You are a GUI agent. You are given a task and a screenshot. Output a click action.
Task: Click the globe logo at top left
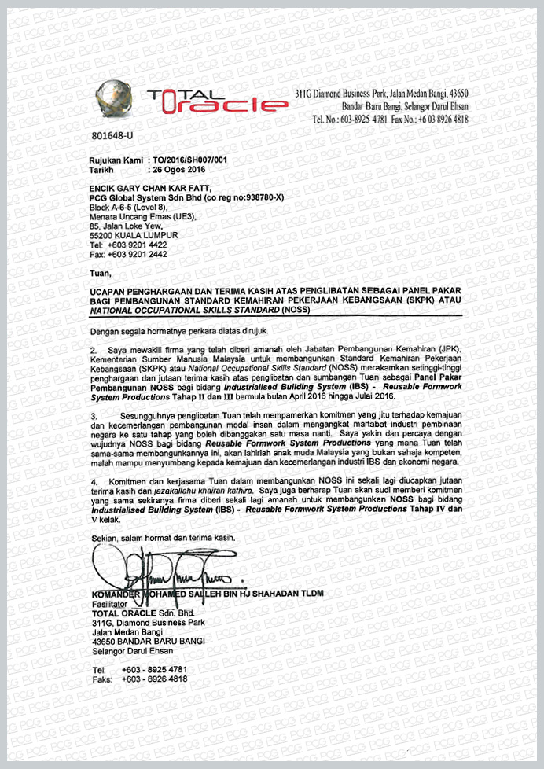pyautogui.click(x=115, y=98)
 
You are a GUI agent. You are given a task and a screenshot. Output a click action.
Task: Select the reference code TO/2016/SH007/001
pyautogui.click(x=186, y=160)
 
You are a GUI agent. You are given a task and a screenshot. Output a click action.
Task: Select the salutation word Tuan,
pyautogui.click(x=101, y=274)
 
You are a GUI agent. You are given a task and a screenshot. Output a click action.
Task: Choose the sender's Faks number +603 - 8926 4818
pyautogui.click(x=154, y=679)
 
